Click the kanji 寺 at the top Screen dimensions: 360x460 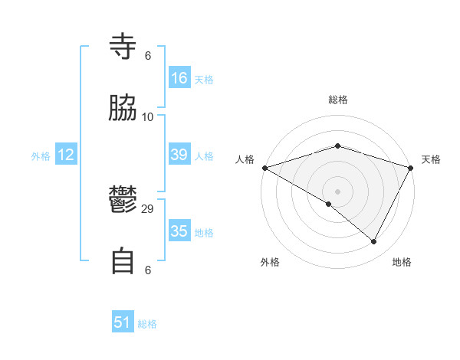[x=123, y=47]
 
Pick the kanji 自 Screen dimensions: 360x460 [x=123, y=261]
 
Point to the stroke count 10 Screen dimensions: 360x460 [x=148, y=116]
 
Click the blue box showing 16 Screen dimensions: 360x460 [x=179, y=78]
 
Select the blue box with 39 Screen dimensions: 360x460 [x=179, y=155]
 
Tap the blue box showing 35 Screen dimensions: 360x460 [x=179, y=231]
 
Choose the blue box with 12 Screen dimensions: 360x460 [x=66, y=155]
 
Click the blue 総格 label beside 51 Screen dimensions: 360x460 [x=147, y=324]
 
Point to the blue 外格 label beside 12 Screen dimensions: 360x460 [x=41, y=156]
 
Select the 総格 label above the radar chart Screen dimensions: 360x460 [x=337, y=100]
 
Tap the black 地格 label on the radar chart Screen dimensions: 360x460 [x=402, y=262]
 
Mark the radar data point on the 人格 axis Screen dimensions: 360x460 [x=264, y=168]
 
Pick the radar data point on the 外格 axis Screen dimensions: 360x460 [x=329, y=204]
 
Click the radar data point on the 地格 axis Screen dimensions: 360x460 [x=374, y=242]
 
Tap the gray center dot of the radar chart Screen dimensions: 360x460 [x=337, y=191]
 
